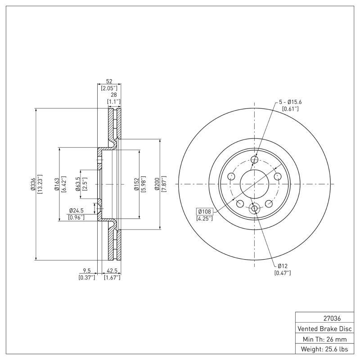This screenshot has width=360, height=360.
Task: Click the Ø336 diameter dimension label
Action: point(33,184)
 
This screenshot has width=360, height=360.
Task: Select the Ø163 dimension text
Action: point(57,184)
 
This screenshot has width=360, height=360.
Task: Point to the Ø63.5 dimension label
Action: point(78,184)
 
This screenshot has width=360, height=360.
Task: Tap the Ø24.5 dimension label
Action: point(76,211)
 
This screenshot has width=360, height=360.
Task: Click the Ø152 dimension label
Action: point(135,184)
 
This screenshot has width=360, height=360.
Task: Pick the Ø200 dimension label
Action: point(157,184)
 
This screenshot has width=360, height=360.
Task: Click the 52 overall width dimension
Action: point(109,81)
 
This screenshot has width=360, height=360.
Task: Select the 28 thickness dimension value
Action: point(114,95)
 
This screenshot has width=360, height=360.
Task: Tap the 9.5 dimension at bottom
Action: point(87,271)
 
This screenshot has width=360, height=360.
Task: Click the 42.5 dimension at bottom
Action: point(112,271)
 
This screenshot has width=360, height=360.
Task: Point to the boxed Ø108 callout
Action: point(205,211)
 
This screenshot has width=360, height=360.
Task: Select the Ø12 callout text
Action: point(283,265)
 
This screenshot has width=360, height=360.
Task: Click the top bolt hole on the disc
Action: point(254,160)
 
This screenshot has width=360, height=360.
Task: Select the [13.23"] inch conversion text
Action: point(40,184)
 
